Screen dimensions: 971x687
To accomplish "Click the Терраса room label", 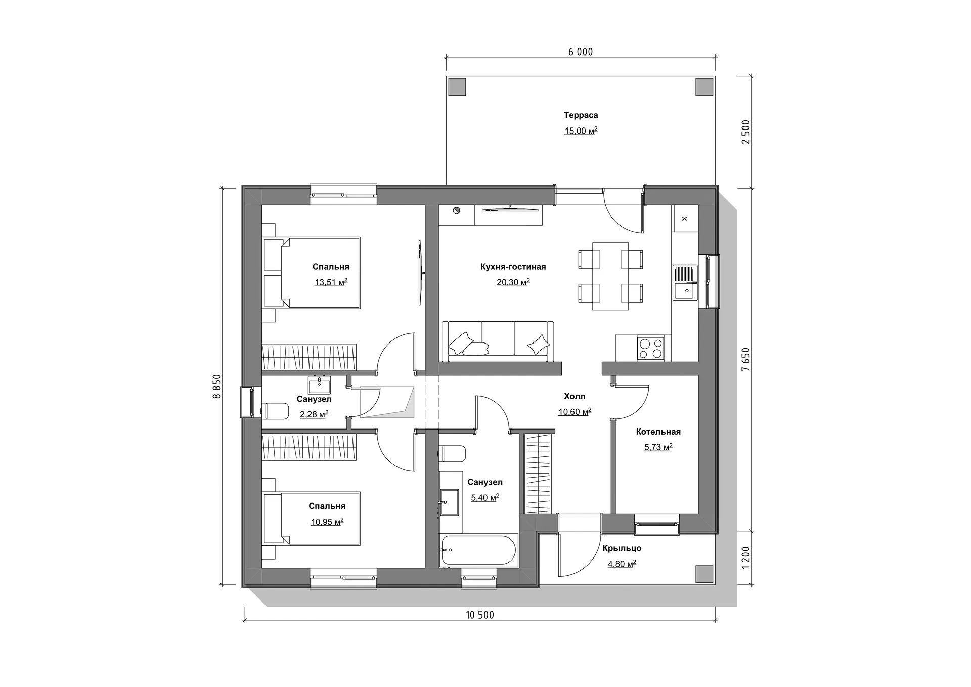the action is click(581, 115).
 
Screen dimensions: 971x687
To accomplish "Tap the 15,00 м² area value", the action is click(581, 131).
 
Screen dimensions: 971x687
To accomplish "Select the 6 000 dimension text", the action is click(581, 52).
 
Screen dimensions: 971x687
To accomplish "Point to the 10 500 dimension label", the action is click(479, 615).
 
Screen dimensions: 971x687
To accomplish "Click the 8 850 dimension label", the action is click(217, 387).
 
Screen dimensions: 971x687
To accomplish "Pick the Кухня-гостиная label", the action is click(513, 267).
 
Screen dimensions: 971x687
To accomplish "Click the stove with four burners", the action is click(650, 348).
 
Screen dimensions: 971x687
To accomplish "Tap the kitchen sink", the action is click(685, 283).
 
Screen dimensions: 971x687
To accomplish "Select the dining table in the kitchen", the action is click(610, 276).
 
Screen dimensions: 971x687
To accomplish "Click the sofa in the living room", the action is click(498, 341).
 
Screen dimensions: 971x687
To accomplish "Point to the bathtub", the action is click(478, 550).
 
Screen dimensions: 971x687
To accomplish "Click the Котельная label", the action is click(658, 432).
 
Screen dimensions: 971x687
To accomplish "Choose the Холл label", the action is click(575, 396).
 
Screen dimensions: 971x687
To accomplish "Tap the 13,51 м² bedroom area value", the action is click(331, 282).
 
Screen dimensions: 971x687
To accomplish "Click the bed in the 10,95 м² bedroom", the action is click(312, 519).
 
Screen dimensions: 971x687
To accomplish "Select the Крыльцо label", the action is click(622, 548).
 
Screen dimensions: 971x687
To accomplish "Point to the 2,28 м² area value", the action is click(314, 414).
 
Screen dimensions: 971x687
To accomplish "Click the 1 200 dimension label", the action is click(745, 558).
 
